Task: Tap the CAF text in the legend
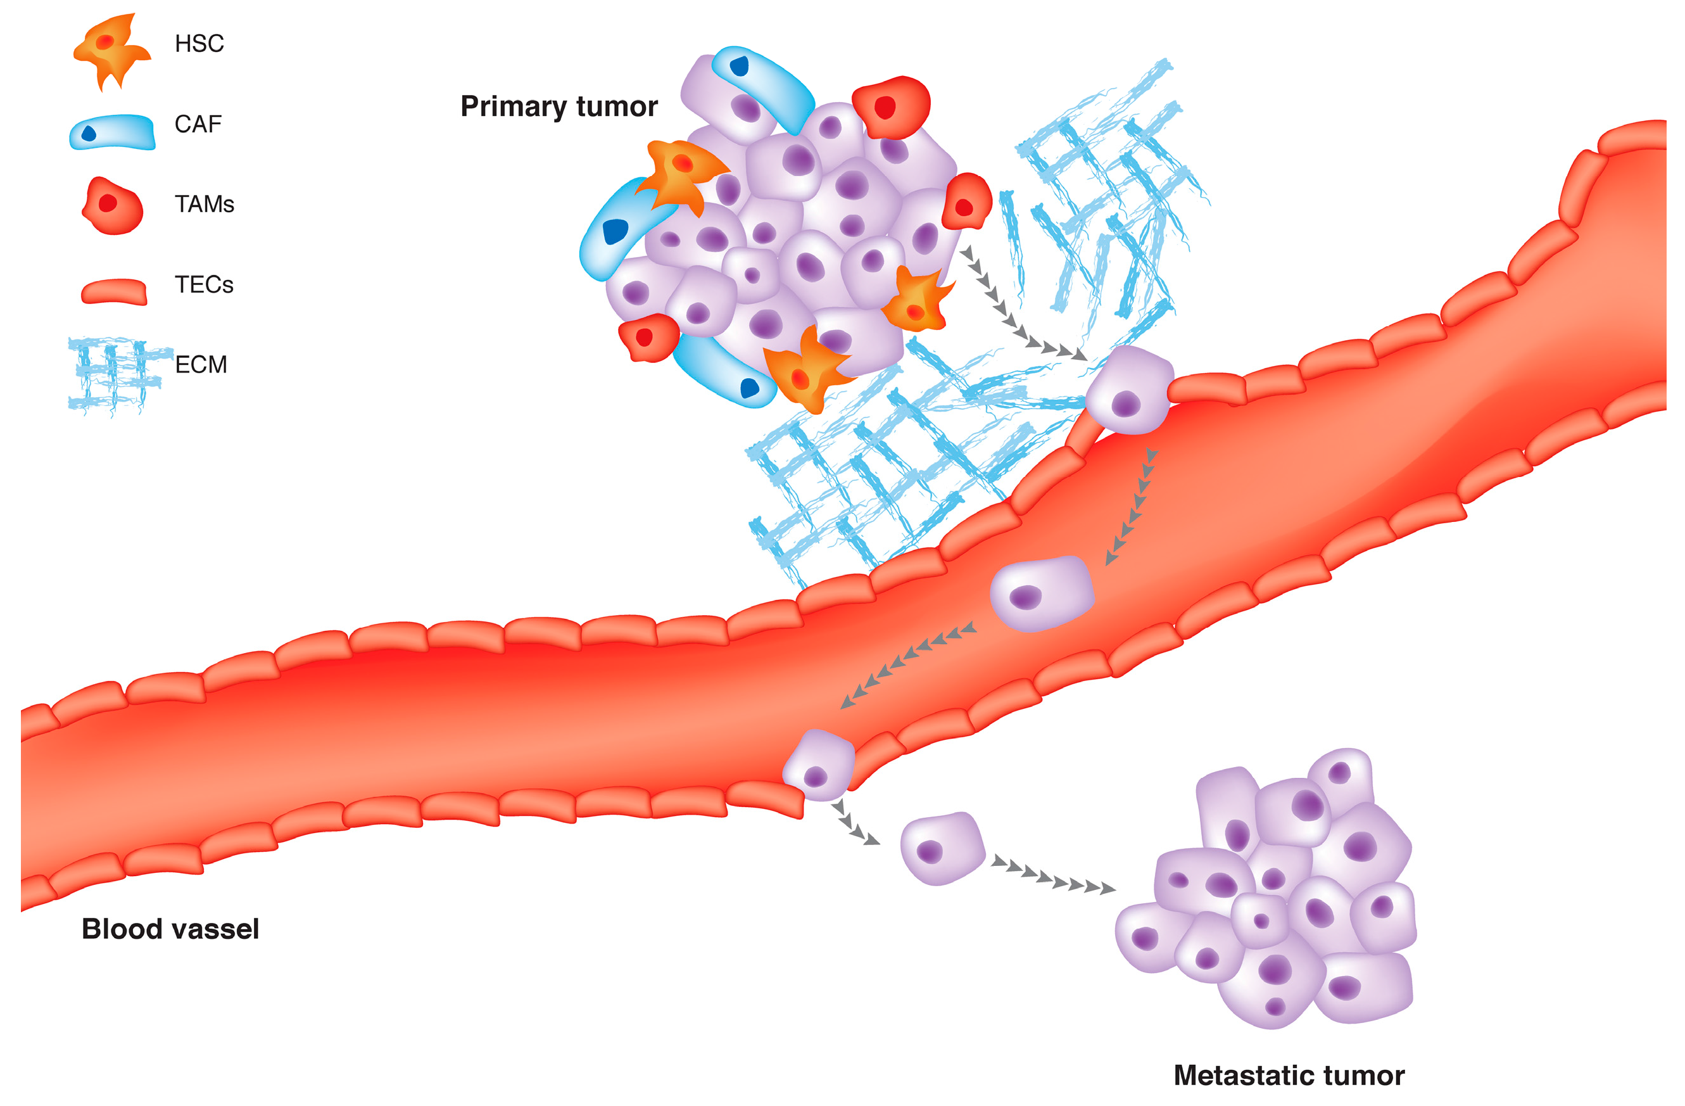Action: [x=199, y=125]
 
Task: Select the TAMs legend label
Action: [x=206, y=206]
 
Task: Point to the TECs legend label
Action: [x=206, y=287]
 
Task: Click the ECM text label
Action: [x=203, y=368]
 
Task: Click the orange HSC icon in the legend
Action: [x=112, y=49]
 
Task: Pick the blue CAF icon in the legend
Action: [x=113, y=133]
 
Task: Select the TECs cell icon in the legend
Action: [x=115, y=294]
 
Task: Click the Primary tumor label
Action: [x=565, y=107]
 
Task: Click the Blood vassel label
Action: [x=172, y=939]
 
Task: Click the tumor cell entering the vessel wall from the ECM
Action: [x=1140, y=395]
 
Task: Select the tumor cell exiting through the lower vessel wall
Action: [x=828, y=773]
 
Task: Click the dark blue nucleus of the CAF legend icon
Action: [x=90, y=134]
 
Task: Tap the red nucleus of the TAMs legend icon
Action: [x=108, y=205]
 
